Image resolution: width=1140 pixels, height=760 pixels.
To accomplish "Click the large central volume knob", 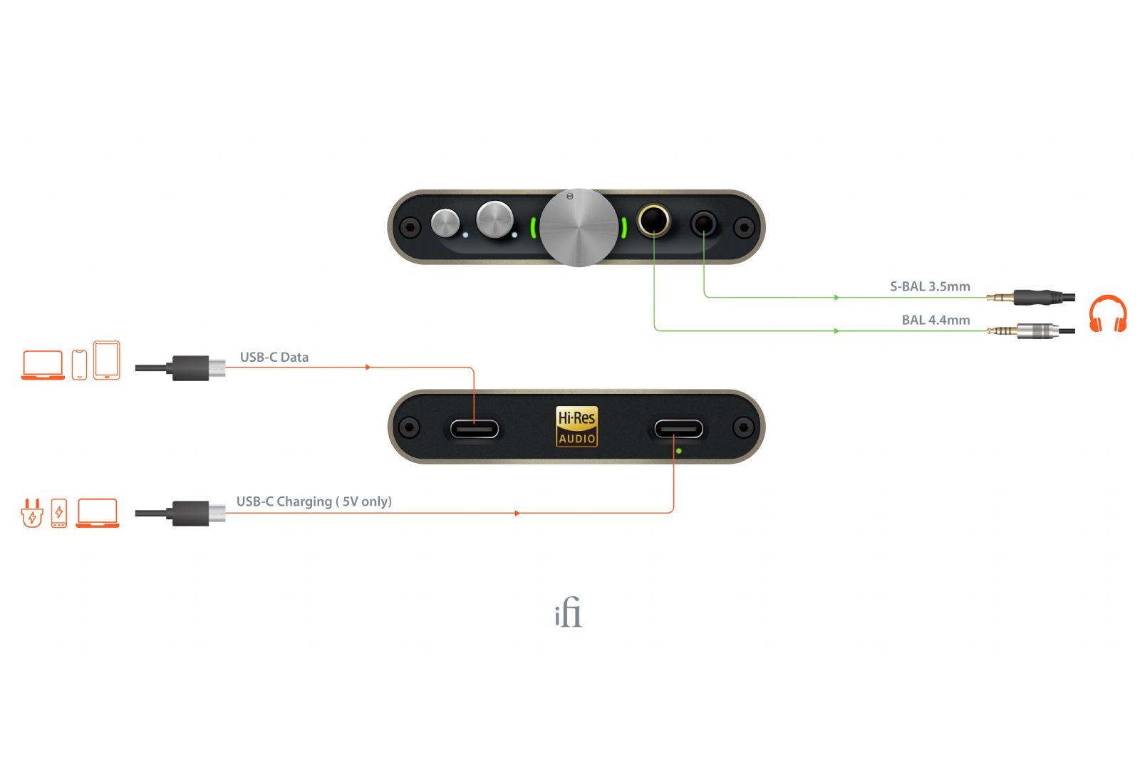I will [x=579, y=228].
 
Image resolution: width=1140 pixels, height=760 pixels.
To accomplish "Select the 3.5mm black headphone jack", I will [x=704, y=224].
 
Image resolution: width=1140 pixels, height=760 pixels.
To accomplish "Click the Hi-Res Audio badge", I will [x=576, y=427].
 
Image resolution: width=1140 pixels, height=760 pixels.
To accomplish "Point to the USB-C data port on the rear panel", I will [x=474, y=429].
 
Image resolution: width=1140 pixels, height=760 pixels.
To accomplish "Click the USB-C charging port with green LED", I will [x=678, y=429].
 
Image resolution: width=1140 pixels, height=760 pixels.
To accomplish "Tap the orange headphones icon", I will [x=1108, y=314].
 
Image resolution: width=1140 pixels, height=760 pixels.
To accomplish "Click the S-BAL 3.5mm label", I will [x=930, y=286].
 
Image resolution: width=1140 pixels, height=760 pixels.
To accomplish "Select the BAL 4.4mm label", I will [x=936, y=320].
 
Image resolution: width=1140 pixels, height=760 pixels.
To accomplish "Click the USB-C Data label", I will [x=274, y=357].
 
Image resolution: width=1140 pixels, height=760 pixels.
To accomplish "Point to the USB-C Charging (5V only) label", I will [x=313, y=501].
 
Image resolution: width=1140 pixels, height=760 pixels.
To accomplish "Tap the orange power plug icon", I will [x=31, y=513].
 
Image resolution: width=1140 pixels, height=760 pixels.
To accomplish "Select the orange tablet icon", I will [x=107, y=360].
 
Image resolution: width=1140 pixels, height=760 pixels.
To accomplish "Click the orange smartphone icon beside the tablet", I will [x=79, y=365].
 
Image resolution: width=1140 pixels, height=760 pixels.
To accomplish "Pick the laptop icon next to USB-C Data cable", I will [x=43, y=365].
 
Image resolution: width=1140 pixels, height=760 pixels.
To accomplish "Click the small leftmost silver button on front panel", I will [x=446, y=223].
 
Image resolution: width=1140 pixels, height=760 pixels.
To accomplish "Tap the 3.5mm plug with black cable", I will [x=1033, y=296].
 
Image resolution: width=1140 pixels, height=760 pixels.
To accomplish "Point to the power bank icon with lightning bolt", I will [x=59, y=513].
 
